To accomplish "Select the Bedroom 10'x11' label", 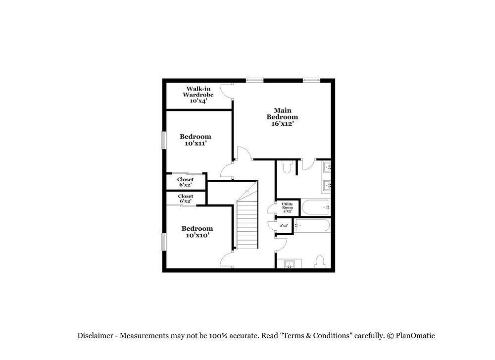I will (195, 140).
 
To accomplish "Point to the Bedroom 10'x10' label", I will (197, 232).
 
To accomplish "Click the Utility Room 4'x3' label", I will (287, 207).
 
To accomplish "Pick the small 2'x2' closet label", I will (284, 226).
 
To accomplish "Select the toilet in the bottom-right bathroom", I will (319, 261).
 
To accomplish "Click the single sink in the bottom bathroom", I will (289, 264).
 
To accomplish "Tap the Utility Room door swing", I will (271, 208).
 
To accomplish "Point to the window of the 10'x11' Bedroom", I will (163, 140).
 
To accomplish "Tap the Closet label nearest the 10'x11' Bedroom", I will (185, 182).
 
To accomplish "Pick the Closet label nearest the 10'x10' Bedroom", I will (185, 199).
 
